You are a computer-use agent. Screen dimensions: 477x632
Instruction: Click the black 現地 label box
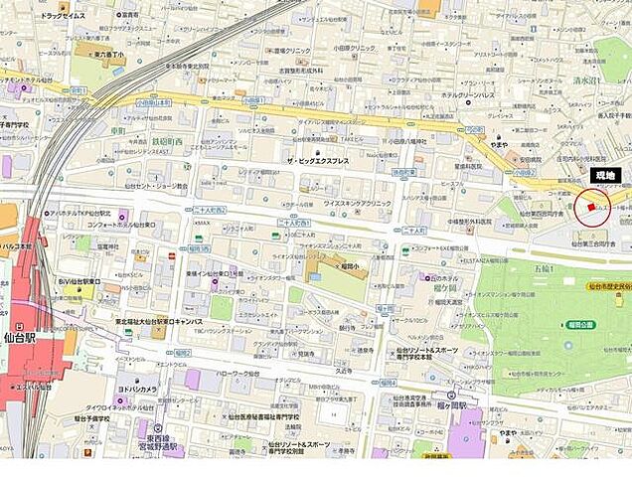coord(603,175)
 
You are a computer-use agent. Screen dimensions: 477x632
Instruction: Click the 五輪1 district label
coord(541,268)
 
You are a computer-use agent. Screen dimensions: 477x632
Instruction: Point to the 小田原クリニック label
coord(354,49)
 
